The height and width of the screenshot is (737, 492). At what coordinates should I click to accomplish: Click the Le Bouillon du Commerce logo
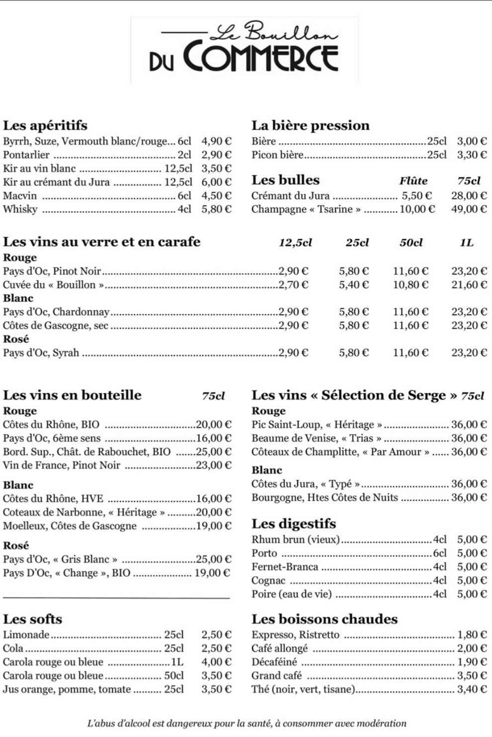point(244,50)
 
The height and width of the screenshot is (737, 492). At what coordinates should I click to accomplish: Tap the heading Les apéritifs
point(45,125)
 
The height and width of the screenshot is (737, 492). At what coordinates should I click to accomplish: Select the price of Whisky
point(216,209)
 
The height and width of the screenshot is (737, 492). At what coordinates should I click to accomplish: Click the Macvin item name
point(20,196)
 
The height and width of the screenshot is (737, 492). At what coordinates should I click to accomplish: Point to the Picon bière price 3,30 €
point(472,155)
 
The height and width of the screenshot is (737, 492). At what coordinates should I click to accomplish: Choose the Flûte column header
point(413,181)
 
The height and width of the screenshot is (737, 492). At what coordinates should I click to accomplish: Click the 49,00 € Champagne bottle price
point(469,209)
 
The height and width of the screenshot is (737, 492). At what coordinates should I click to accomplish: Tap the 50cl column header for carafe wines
point(411,243)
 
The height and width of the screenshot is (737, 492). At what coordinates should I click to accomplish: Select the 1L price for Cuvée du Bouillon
point(469,285)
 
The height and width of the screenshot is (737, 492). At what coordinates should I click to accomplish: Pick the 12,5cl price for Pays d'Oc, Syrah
point(293,353)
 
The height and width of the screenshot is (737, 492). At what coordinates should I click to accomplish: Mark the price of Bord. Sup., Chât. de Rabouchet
point(214,452)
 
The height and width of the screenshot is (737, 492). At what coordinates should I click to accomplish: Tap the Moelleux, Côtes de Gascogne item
point(70,526)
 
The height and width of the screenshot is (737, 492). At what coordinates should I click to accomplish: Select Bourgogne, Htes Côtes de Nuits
point(325,498)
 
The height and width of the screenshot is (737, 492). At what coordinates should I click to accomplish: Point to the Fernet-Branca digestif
point(285,567)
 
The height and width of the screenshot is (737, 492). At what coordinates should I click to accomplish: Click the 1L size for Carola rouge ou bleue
point(177,662)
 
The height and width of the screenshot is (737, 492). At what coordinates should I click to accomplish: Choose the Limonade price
point(216,635)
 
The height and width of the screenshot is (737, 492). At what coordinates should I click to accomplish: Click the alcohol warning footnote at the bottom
point(246,724)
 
